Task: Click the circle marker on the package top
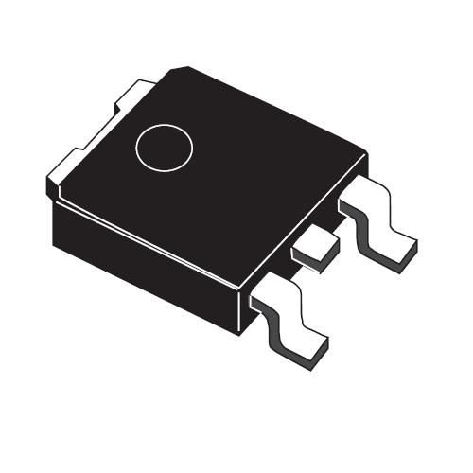164,148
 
